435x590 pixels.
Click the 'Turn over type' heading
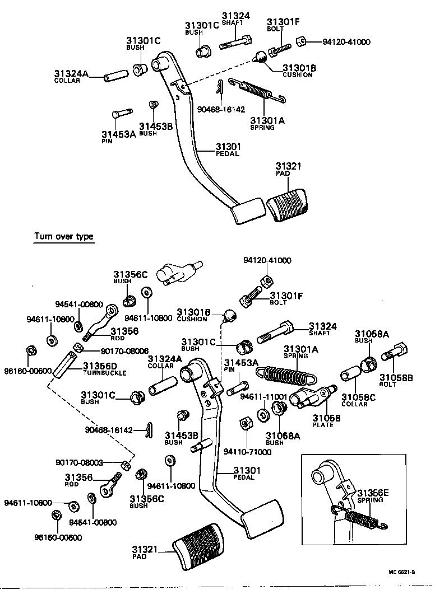click(x=63, y=236)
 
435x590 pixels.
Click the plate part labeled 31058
click(x=314, y=396)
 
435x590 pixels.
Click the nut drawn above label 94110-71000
click(x=245, y=423)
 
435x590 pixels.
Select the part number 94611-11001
click(x=263, y=396)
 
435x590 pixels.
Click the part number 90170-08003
click(x=79, y=462)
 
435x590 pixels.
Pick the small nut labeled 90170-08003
click(x=127, y=465)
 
